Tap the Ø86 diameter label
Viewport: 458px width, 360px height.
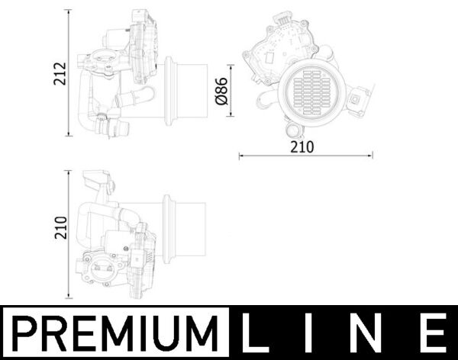pyautogui.click(x=222, y=91)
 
